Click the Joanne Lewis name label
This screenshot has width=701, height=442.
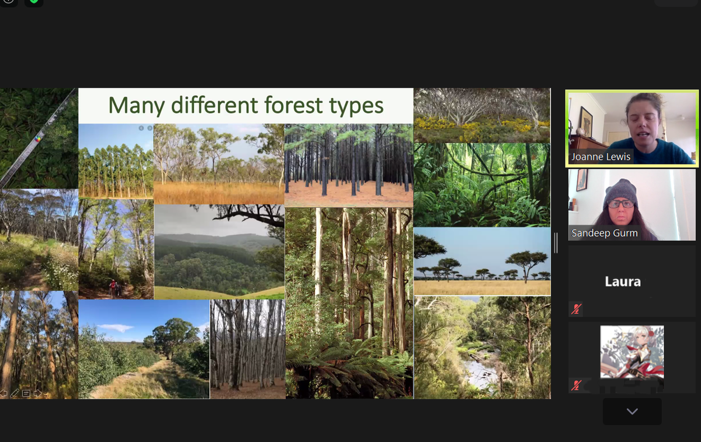click(x=601, y=156)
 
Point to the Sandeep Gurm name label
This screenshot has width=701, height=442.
click(x=604, y=233)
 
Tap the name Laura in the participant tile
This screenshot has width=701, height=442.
click(x=623, y=281)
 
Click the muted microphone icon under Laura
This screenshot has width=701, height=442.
click(x=576, y=309)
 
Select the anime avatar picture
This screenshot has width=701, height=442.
click(x=632, y=352)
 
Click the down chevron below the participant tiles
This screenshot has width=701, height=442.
click(x=632, y=411)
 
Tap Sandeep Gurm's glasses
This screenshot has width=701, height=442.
click(x=620, y=204)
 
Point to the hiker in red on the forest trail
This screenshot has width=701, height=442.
click(x=113, y=287)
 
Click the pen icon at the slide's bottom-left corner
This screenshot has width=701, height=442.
click(x=15, y=393)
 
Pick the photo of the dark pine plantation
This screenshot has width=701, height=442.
click(x=349, y=165)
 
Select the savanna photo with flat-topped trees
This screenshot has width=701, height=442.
click(x=482, y=261)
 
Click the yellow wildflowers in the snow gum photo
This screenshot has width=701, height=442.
click(x=482, y=127)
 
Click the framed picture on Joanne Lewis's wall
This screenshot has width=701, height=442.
click(x=586, y=121)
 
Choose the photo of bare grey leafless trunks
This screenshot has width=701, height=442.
click(x=248, y=349)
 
